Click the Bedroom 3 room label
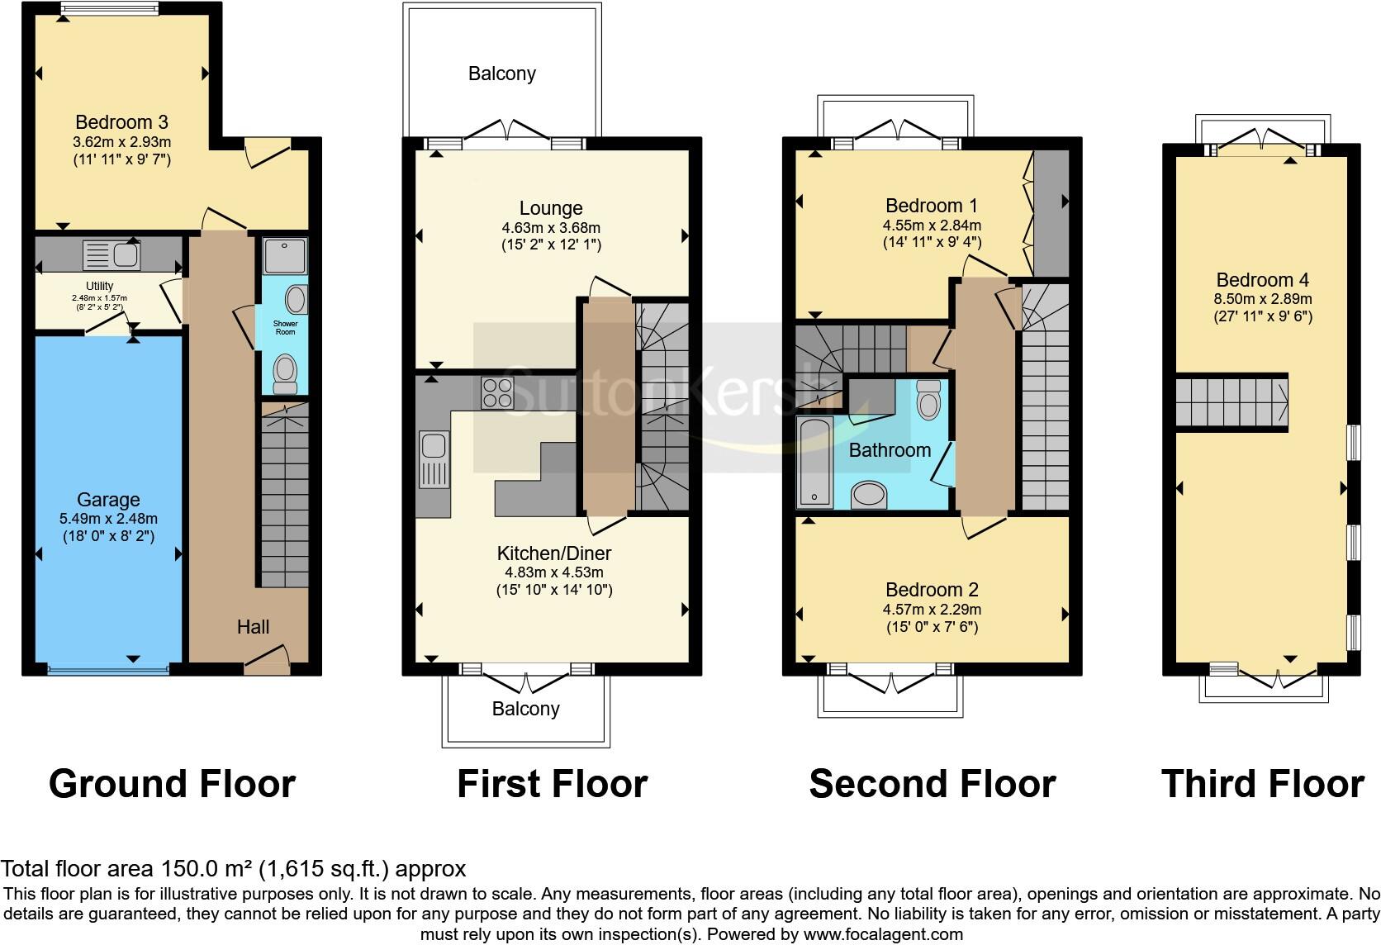point(121,122)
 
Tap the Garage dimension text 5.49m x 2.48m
point(108,519)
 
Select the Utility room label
point(100,286)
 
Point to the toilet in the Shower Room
point(285,373)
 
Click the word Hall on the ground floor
point(253,627)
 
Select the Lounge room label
point(551,208)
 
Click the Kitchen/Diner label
point(553,553)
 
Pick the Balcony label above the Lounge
point(501,74)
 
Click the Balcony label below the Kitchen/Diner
point(525,709)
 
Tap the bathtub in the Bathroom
point(814,462)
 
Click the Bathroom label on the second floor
point(890,450)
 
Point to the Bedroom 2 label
point(932,590)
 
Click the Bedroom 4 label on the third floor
point(1262,280)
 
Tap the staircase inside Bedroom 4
point(1231,401)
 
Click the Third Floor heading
point(1262,783)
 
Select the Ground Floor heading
point(172,783)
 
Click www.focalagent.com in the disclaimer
point(882,935)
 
